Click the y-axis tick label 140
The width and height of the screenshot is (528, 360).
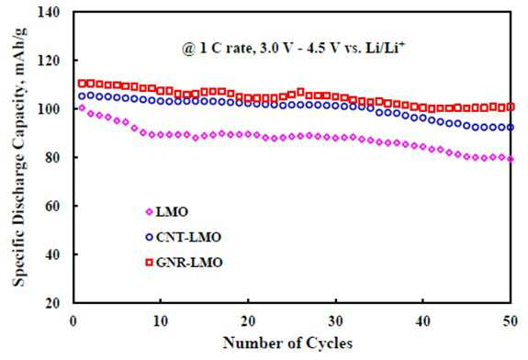tap(49, 13)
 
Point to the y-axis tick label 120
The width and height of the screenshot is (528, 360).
tap(49, 61)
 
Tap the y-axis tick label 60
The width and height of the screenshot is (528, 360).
tap(52, 206)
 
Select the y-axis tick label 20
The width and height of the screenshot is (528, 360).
tap(52, 303)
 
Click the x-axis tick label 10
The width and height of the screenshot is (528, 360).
tap(161, 321)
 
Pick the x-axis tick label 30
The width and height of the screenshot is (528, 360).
tap(335, 321)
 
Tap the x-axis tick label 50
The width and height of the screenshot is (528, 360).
tap(511, 321)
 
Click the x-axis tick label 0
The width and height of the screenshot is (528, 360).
tap(73, 321)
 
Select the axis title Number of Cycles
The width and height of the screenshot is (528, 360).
tap(288, 343)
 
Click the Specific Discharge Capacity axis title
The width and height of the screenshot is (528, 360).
tap(19, 157)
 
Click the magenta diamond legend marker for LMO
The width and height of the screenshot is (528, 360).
tap(149, 212)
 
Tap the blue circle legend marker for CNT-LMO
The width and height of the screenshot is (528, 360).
tap(149, 237)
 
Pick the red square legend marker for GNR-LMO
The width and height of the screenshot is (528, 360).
tap(149, 262)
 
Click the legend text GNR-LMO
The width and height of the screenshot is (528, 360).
tap(189, 263)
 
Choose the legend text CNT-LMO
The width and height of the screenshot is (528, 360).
tap(188, 238)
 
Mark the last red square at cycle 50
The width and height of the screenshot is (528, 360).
tap(511, 107)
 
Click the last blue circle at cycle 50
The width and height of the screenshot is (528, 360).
tap(511, 128)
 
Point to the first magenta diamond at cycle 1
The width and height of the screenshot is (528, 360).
tap(82, 107)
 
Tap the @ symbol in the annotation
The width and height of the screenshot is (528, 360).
tap(188, 50)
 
